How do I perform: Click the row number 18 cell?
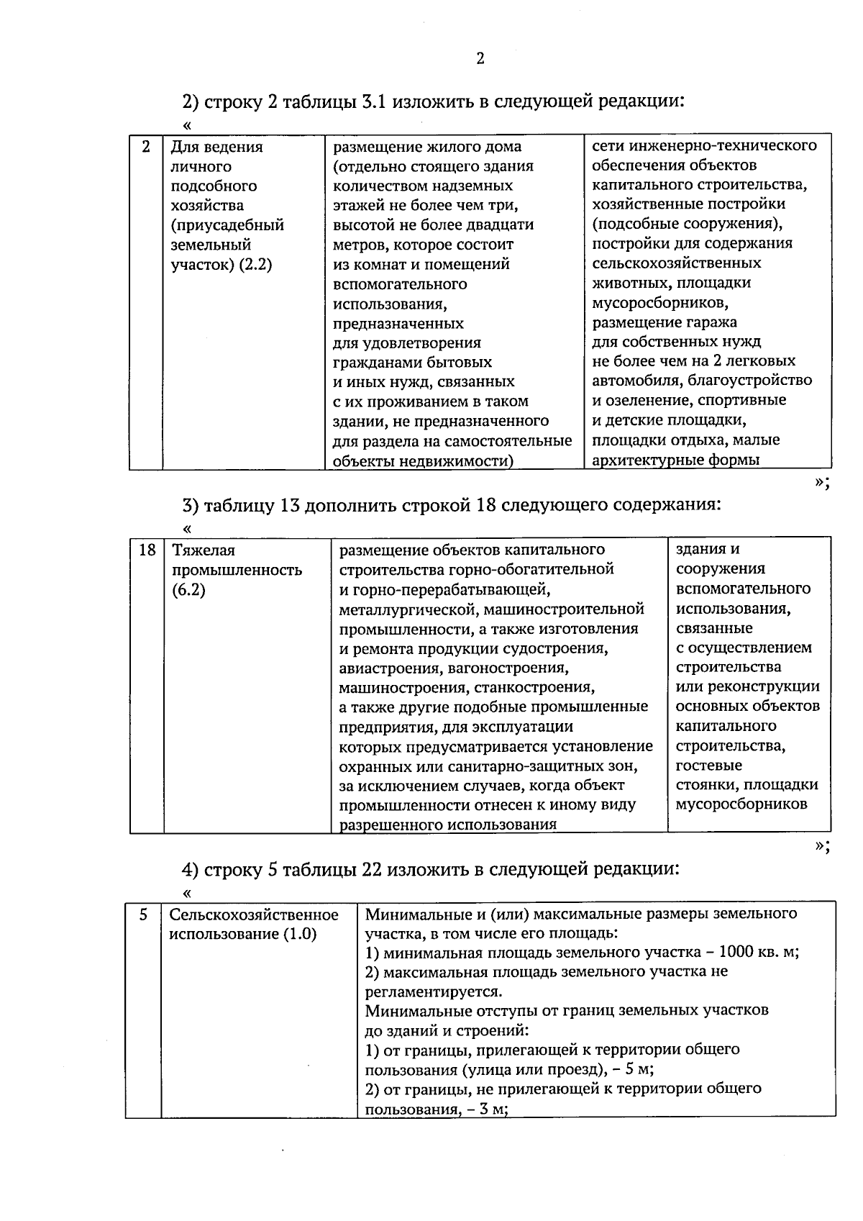coord(147,550)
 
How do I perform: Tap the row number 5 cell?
coord(143,914)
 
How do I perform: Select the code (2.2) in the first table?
coord(255,265)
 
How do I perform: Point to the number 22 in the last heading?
coord(371,869)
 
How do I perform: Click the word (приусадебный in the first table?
coord(227,225)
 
